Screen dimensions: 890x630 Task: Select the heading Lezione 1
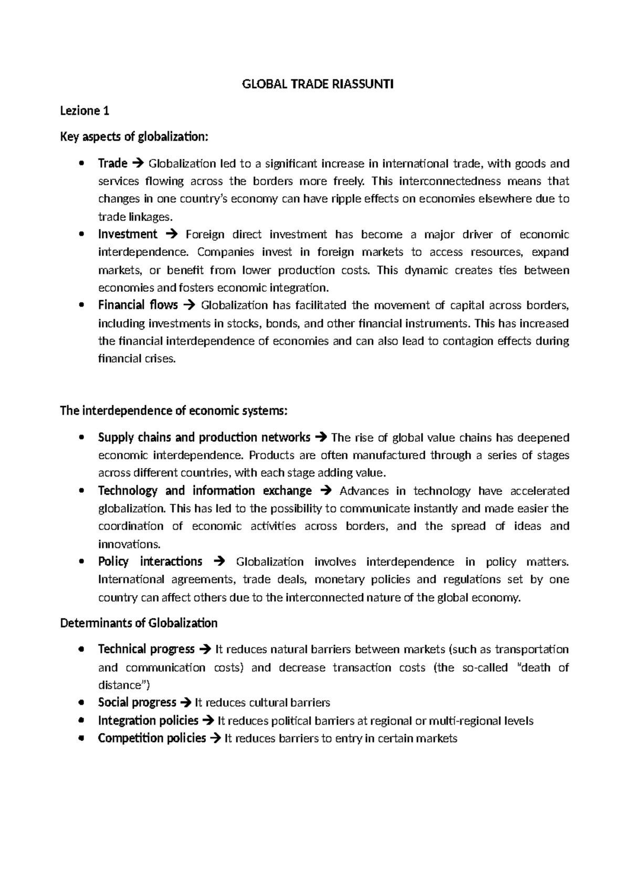tap(85, 111)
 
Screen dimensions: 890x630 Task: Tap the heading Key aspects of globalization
tap(134, 137)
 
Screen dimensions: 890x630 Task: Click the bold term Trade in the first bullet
tap(112, 163)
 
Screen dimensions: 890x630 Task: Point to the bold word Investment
tap(128, 234)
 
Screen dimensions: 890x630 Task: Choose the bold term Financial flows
tap(138, 305)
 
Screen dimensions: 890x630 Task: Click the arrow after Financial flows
tap(190, 305)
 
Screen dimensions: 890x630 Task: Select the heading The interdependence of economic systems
tap(174, 410)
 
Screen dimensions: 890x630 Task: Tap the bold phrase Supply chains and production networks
tap(204, 437)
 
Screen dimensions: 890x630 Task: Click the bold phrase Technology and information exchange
tap(205, 491)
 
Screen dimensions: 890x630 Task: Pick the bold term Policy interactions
tap(150, 561)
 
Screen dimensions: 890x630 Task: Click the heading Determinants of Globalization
tap(139, 623)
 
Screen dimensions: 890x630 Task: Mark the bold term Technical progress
tap(146, 649)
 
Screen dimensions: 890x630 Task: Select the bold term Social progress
tap(137, 702)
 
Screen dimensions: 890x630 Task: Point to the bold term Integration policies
tap(148, 721)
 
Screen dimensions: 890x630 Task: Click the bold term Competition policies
tap(152, 738)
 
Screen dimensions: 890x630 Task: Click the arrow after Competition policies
tap(215, 739)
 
